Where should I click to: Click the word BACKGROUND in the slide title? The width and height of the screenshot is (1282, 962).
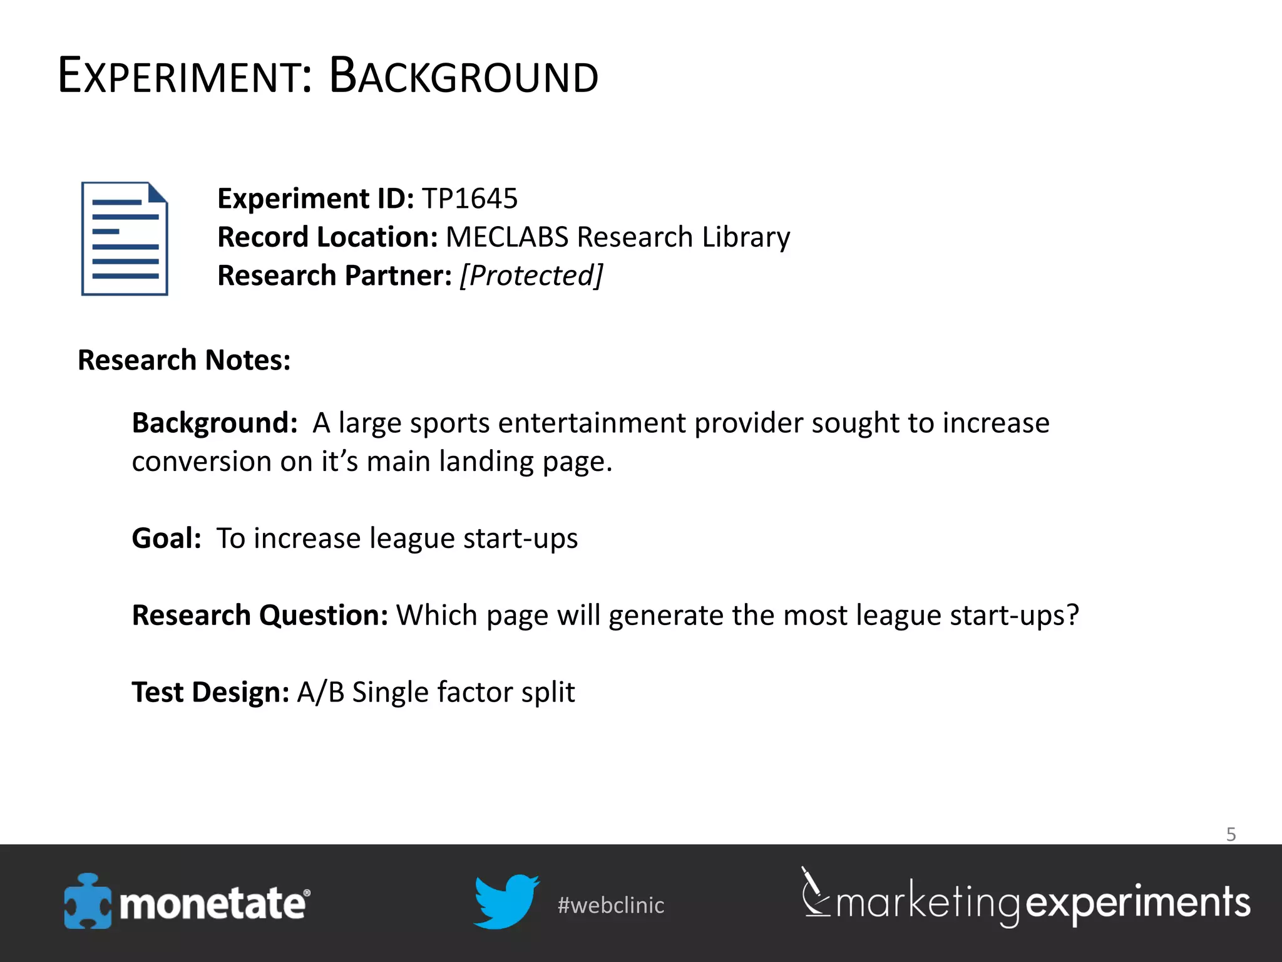[463, 76]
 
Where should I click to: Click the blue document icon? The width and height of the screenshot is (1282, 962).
[125, 239]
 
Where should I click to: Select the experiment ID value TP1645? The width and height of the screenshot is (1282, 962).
[469, 199]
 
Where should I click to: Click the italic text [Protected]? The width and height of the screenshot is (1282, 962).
[531, 276]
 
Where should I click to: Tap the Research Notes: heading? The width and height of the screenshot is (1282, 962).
[184, 360]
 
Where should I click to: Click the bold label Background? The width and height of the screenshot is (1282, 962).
[214, 423]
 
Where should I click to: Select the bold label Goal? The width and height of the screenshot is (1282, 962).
[167, 538]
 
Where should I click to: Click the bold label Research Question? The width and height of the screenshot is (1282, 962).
[260, 615]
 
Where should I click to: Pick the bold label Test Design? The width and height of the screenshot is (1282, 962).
[210, 692]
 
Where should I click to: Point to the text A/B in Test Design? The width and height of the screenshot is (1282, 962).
[320, 692]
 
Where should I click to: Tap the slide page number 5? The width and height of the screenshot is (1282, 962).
[1231, 834]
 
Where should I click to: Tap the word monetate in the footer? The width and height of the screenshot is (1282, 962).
[213, 904]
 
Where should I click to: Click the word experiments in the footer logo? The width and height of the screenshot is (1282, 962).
[1138, 903]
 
